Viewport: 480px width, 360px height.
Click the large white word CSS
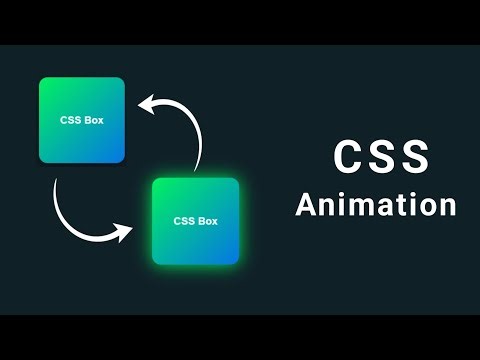[381, 157]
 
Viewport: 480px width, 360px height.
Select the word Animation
[376, 204]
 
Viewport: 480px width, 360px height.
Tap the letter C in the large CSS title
[345, 157]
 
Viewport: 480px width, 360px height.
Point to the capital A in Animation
[306, 204]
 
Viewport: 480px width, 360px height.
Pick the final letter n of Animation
[446, 206]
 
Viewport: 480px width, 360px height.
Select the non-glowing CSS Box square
[82, 120]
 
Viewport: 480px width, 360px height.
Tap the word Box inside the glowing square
[207, 221]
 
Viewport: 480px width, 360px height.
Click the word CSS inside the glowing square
[184, 221]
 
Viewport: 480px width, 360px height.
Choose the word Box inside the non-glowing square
[94, 120]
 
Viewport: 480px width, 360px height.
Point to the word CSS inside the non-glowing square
[70, 120]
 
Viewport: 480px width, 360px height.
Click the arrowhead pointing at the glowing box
[126, 232]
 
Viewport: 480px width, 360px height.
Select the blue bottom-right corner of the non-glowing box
[120, 158]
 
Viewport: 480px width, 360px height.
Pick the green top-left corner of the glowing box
[157, 183]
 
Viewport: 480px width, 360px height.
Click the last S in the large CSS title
[418, 157]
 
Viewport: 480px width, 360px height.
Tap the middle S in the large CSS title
[382, 157]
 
